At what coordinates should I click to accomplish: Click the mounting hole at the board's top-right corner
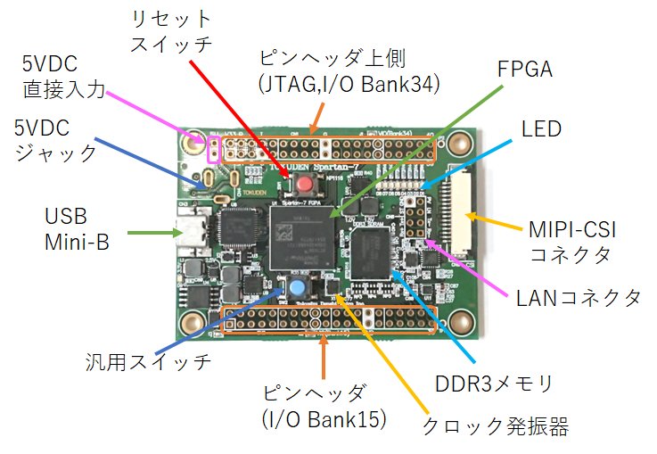click(460, 142)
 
